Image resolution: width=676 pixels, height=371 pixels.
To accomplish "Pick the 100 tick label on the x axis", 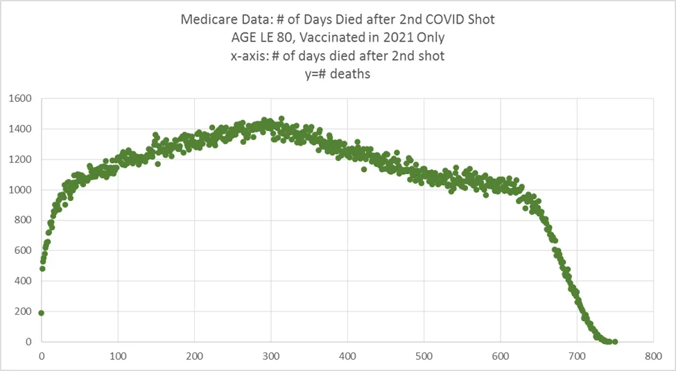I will (118, 356).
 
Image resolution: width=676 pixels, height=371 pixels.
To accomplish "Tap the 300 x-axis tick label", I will (271, 356).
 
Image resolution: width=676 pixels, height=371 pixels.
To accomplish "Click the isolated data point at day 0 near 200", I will (42, 313).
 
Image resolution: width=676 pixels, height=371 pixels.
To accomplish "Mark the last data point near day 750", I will (615, 341).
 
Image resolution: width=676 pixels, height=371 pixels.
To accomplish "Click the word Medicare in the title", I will (207, 19).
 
